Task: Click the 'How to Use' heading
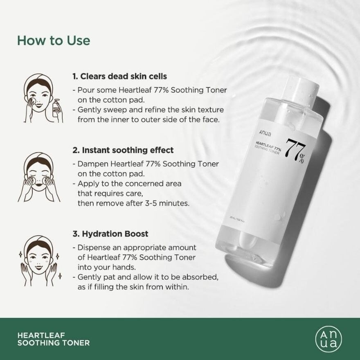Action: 53,41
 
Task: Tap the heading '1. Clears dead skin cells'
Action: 119,76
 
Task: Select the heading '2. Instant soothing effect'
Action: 123,150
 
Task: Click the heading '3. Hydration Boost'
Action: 110,234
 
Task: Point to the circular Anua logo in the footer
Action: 328,339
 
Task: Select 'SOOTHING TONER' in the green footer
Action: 54,343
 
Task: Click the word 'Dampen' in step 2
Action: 91,164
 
